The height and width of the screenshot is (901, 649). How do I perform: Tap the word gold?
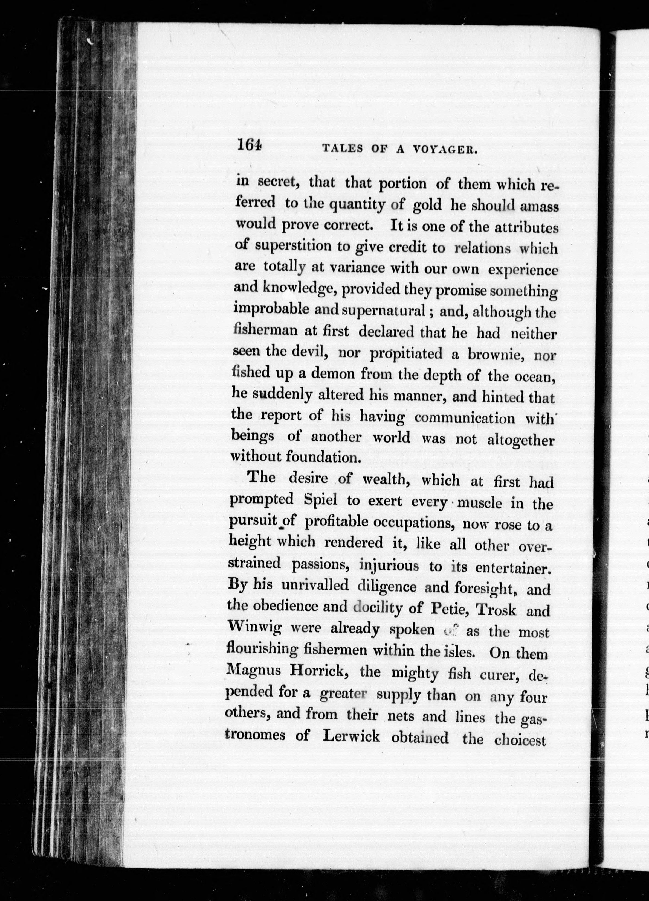[427, 205]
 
